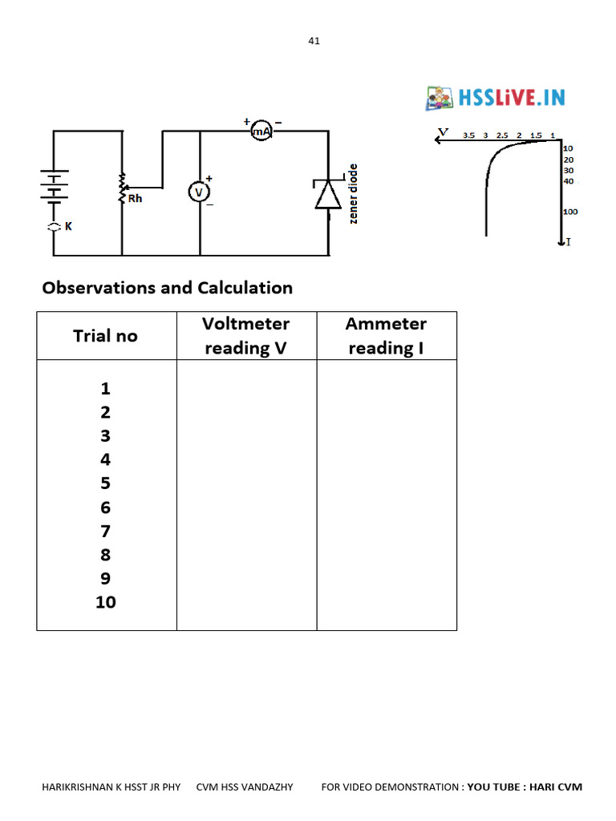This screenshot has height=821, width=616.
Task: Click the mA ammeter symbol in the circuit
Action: tap(262, 130)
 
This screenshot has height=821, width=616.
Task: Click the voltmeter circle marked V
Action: tap(198, 192)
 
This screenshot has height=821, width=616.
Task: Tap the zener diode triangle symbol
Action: tap(328, 195)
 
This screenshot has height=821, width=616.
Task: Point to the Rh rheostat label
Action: tap(135, 198)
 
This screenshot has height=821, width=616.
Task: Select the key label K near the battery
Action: tap(68, 227)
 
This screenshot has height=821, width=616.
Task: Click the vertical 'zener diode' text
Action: tap(353, 194)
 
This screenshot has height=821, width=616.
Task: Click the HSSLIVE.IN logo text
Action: tap(511, 98)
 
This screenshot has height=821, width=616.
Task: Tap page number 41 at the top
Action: tap(314, 41)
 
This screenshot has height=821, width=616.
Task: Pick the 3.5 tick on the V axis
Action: tap(469, 135)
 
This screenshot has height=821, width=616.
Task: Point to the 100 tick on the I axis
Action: tap(570, 212)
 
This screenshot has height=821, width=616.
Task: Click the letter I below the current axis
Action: tap(569, 241)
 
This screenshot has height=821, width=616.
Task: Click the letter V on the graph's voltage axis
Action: tap(443, 131)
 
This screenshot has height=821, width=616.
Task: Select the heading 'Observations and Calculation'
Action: tap(167, 287)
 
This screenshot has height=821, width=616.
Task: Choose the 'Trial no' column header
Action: tap(105, 336)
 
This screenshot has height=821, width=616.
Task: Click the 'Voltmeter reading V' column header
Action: tap(245, 336)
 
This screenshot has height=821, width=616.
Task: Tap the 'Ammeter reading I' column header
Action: tap(386, 336)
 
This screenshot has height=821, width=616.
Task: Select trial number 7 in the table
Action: tap(105, 531)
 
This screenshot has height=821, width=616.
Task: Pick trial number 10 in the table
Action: tap(105, 602)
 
